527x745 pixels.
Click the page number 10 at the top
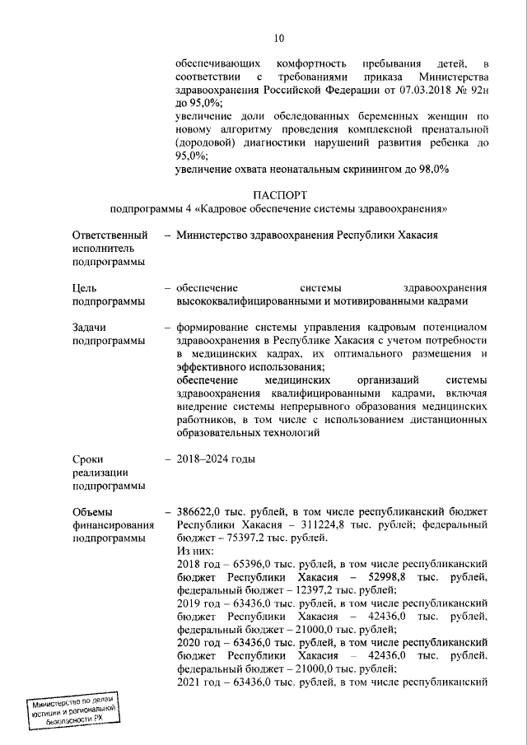coord(279,38)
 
